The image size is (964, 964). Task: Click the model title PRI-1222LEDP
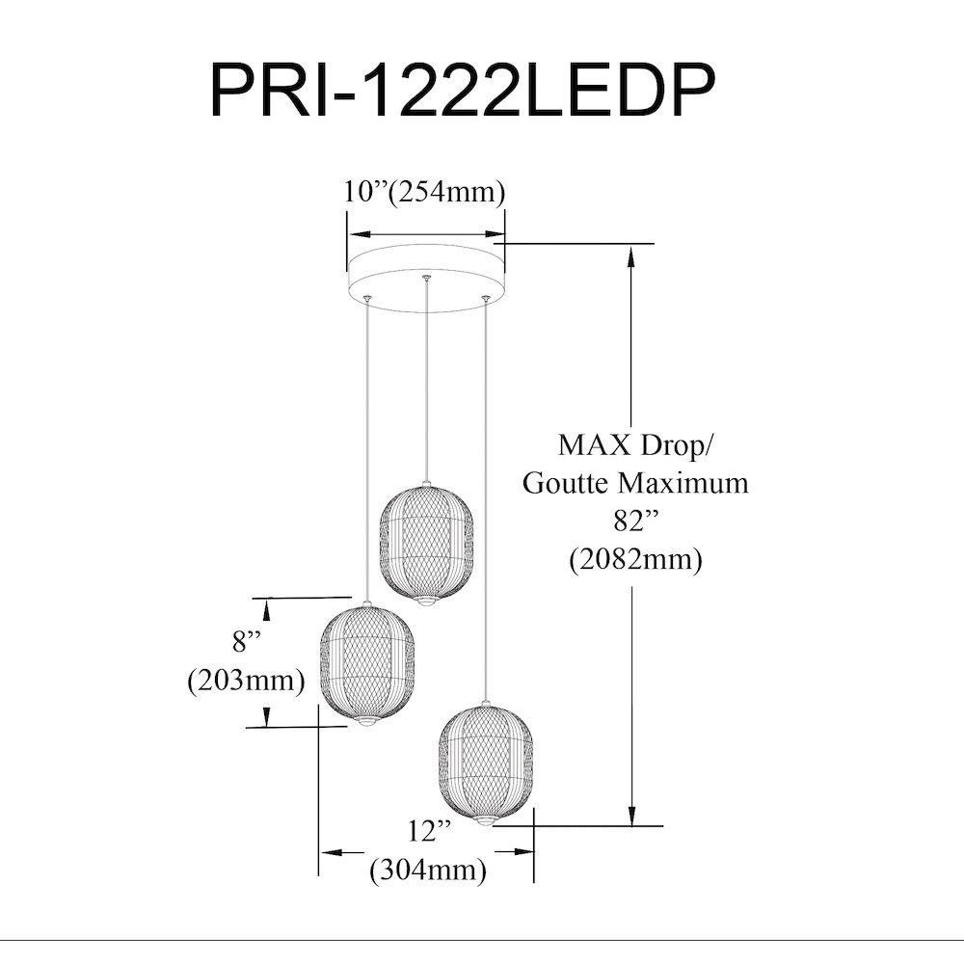pos(463,90)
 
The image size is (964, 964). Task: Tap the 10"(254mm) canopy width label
pos(424,192)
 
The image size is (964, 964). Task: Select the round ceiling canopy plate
pos(425,278)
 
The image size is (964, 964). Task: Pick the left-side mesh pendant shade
pos(367,664)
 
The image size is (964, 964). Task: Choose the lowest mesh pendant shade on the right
pos(486,764)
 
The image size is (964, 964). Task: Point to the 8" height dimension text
pos(247,642)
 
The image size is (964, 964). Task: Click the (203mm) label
pos(246,681)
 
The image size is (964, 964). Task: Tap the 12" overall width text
pos(429,831)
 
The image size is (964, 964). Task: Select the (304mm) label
pos(428,870)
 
